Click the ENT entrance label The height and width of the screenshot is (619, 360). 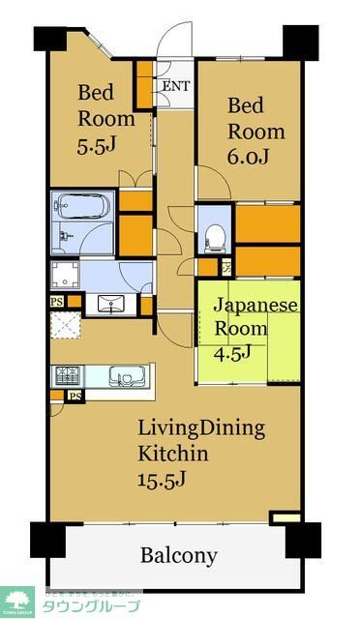coord(175,85)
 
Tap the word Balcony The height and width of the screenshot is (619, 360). coord(178,556)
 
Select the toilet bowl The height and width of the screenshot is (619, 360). coord(215,234)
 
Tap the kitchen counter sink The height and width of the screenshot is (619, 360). coord(123,375)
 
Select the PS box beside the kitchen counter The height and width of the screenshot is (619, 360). coord(74,396)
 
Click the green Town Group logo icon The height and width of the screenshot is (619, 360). coord(18,601)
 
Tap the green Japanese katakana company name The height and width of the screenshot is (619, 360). coord(92,606)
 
